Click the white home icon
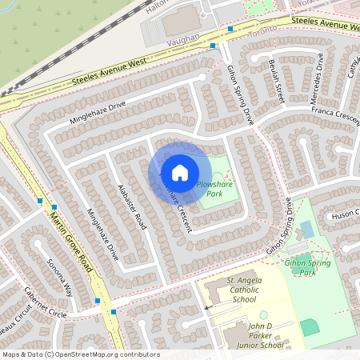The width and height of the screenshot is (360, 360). click(179, 172)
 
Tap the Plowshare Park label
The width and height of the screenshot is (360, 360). click(210, 189)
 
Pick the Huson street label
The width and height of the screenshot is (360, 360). click(345, 214)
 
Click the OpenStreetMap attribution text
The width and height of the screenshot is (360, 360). click(80, 354)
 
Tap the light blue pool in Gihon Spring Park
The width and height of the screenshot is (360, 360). click(307, 230)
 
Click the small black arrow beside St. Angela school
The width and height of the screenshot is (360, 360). click(207, 307)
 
